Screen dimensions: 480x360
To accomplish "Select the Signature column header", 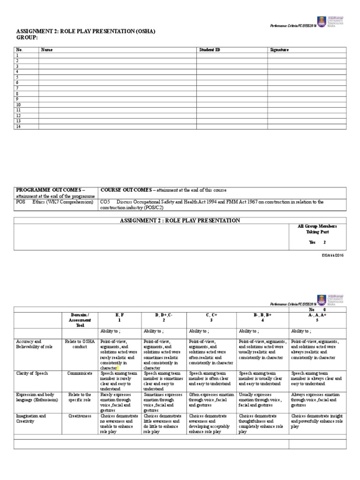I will pyautogui.click(x=279, y=49).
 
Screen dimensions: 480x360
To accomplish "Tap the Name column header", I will pyautogui.click(x=47, y=49).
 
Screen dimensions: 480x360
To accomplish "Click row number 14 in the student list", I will pyautogui.click(x=19, y=127).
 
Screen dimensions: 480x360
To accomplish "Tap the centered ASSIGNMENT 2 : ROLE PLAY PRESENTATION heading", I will pyautogui.click(x=180, y=220).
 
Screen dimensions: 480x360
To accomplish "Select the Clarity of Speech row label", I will pyautogui.click(x=32, y=373).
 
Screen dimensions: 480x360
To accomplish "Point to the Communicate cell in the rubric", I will pyautogui.click(x=79, y=373).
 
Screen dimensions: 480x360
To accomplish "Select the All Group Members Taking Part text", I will pyautogui.click(x=317, y=229).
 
